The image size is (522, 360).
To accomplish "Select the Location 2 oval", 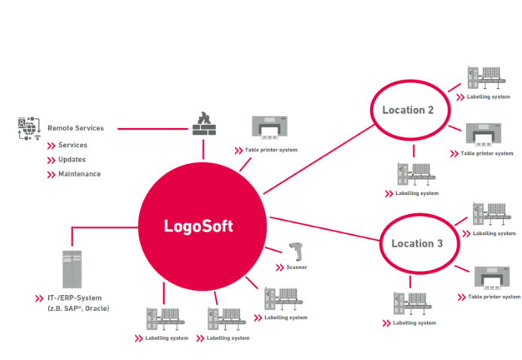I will (408, 110).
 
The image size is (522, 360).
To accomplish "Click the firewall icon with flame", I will (203, 124).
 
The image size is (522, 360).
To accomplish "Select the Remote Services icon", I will (27, 129).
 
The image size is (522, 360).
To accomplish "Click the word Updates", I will (72, 160).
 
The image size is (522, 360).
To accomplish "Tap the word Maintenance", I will (79, 174).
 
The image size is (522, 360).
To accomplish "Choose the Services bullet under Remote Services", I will (72, 145).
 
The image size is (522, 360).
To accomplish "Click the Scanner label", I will (296, 267).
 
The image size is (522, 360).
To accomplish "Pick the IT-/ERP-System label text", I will (69, 298).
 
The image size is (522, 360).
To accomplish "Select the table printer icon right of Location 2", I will (485, 136).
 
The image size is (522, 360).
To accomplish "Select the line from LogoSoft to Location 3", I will (324, 229).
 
